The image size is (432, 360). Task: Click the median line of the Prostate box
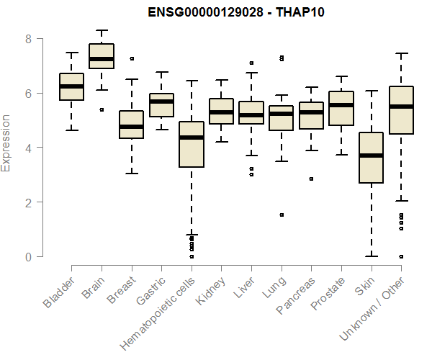pos(341,105)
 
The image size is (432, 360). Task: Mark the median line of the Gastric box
pos(161,102)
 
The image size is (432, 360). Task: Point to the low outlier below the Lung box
pos(282,215)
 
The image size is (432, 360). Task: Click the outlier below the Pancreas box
pos(311,179)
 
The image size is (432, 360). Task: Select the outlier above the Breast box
pos(132,58)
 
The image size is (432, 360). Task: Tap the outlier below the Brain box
pos(102,109)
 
